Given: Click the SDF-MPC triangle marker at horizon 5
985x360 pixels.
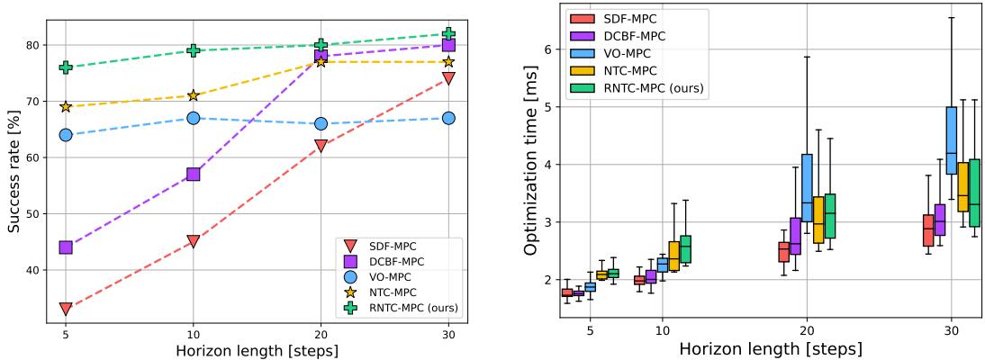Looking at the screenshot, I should (66, 309).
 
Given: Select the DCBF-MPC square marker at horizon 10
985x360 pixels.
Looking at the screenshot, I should (193, 174).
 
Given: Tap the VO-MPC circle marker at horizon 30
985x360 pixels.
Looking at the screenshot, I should (448, 118).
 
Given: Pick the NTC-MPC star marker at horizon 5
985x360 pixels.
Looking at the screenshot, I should (66, 106).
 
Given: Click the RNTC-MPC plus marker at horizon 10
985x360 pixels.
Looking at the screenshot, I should (193, 50).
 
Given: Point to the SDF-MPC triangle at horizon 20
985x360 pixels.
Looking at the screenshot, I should (321, 146).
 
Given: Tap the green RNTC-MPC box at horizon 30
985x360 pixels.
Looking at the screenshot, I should (973, 193).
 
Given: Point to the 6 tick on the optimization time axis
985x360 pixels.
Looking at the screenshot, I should (546, 49).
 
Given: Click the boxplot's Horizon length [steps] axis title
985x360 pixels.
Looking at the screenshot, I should (770, 348).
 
